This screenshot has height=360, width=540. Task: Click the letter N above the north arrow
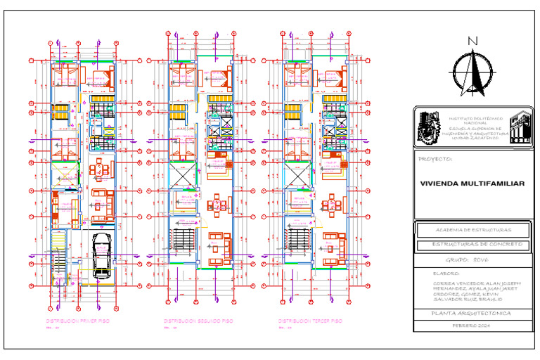click(x=473, y=41)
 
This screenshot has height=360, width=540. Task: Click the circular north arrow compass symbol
click(x=473, y=72)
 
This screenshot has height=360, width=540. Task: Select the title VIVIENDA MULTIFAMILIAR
click(x=472, y=184)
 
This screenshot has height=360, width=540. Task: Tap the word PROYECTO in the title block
click(x=435, y=159)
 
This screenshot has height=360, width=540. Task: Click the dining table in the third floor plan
click(x=330, y=206)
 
